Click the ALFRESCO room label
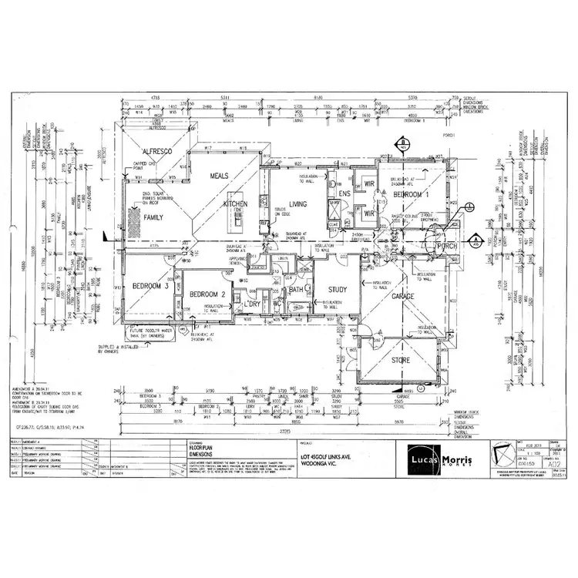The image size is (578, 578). click(x=157, y=152)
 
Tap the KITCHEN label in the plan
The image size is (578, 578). click(x=235, y=204)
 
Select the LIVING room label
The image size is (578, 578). click(x=297, y=204)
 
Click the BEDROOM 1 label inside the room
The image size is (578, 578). click(x=418, y=195)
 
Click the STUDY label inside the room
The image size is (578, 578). click(x=338, y=290)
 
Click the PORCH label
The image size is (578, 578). click(x=448, y=247)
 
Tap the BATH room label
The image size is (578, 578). click(x=296, y=290)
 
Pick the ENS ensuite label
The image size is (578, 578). click(x=344, y=193)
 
